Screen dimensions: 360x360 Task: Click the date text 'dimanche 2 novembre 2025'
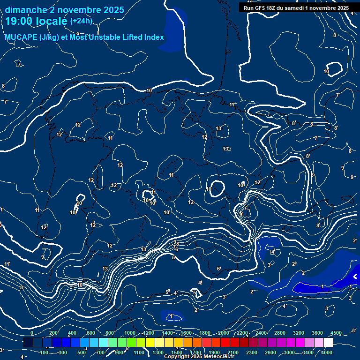65,10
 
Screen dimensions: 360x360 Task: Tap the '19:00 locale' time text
36,21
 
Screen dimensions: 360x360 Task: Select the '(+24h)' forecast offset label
81,21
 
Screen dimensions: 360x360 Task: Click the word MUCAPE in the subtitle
22,37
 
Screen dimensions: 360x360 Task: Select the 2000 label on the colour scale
224,333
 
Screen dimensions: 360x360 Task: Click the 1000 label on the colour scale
130,333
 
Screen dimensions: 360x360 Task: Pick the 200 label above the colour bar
53,333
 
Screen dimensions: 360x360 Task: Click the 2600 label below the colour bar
271,352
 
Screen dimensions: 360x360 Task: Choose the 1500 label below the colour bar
177,352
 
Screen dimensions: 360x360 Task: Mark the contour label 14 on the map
272,252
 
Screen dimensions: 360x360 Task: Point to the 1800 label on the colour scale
205,333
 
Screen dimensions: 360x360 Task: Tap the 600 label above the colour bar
91,333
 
